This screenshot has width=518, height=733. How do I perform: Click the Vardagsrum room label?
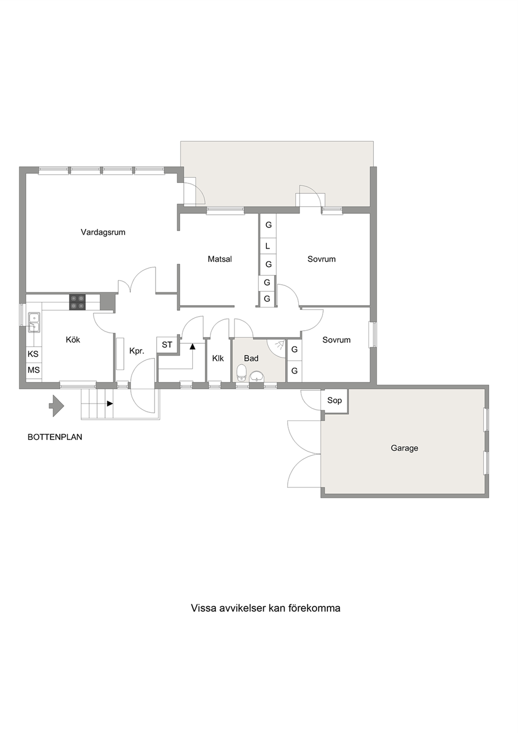[103, 232]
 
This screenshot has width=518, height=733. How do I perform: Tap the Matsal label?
[220, 259]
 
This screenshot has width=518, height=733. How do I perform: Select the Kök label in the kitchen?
[73, 340]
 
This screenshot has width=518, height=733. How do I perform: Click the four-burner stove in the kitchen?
[77, 302]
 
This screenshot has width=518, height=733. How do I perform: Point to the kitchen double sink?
[34, 322]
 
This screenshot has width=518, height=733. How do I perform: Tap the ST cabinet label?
[167, 345]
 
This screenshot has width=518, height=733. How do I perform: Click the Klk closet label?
[218, 358]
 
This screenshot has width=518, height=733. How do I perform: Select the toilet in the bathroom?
[242, 373]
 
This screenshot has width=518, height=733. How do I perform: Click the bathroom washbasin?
[257, 376]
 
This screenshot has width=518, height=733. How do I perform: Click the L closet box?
[268, 246]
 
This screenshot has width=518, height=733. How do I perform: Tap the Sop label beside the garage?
[335, 400]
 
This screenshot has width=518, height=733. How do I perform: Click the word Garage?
[405, 448]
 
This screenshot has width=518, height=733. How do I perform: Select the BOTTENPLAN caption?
[55, 437]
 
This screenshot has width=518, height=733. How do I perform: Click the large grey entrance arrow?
[56, 406]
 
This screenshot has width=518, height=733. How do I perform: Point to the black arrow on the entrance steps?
[110, 404]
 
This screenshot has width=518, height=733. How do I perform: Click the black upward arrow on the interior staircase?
[193, 346]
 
